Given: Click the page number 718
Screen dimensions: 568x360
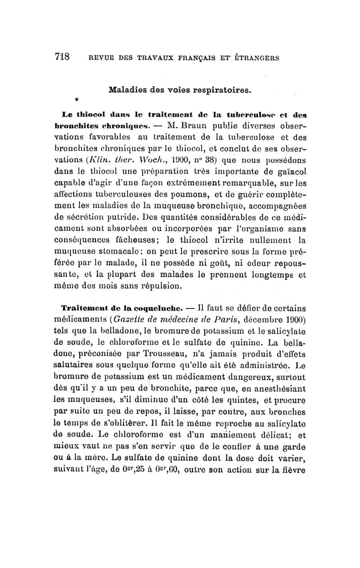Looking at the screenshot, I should click(62, 57).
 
